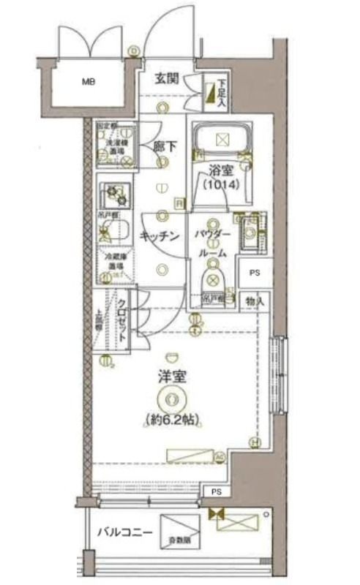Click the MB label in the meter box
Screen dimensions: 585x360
click(x=89, y=81)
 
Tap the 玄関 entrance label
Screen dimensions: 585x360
click(x=167, y=80)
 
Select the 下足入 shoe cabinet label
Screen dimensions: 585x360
click(x=220, y=91)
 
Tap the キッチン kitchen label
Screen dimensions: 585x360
click(x=160, y=236)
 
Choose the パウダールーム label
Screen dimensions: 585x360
click(x=213, y=243)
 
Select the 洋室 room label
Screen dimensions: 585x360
click(x=171, y=378)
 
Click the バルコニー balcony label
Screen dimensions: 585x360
click(x=124, y=532)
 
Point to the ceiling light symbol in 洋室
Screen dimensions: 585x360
click(x=171, y=399)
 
